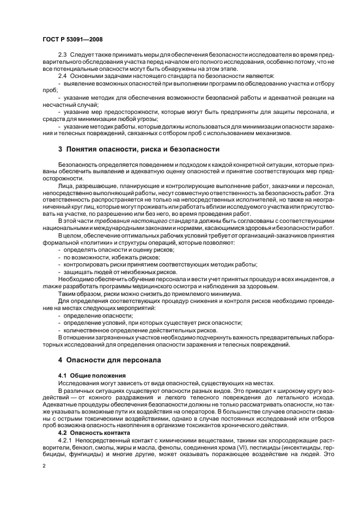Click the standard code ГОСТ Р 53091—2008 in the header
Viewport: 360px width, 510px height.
pos(72,40)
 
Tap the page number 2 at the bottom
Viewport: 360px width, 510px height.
pos(44,466)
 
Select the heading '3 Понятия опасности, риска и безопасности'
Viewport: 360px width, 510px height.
pos(138,148)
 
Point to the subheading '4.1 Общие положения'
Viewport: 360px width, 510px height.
pos(92,375)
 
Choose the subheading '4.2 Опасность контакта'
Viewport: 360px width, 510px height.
pos(94,433)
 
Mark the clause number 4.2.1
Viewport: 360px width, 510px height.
pos(65,440)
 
